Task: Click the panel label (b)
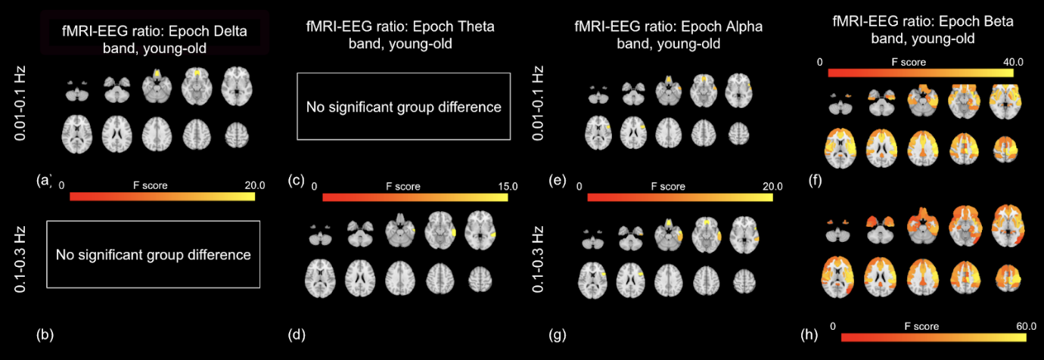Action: [44, 333]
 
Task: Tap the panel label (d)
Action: [297, 333]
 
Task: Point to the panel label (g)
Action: [561, 333]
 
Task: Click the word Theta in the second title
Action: [473, 27]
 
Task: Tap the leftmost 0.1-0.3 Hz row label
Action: [20, 255]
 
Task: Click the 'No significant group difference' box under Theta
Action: [403, 107]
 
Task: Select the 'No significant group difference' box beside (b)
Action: [153, 255]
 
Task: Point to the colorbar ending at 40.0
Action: [921, 73]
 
